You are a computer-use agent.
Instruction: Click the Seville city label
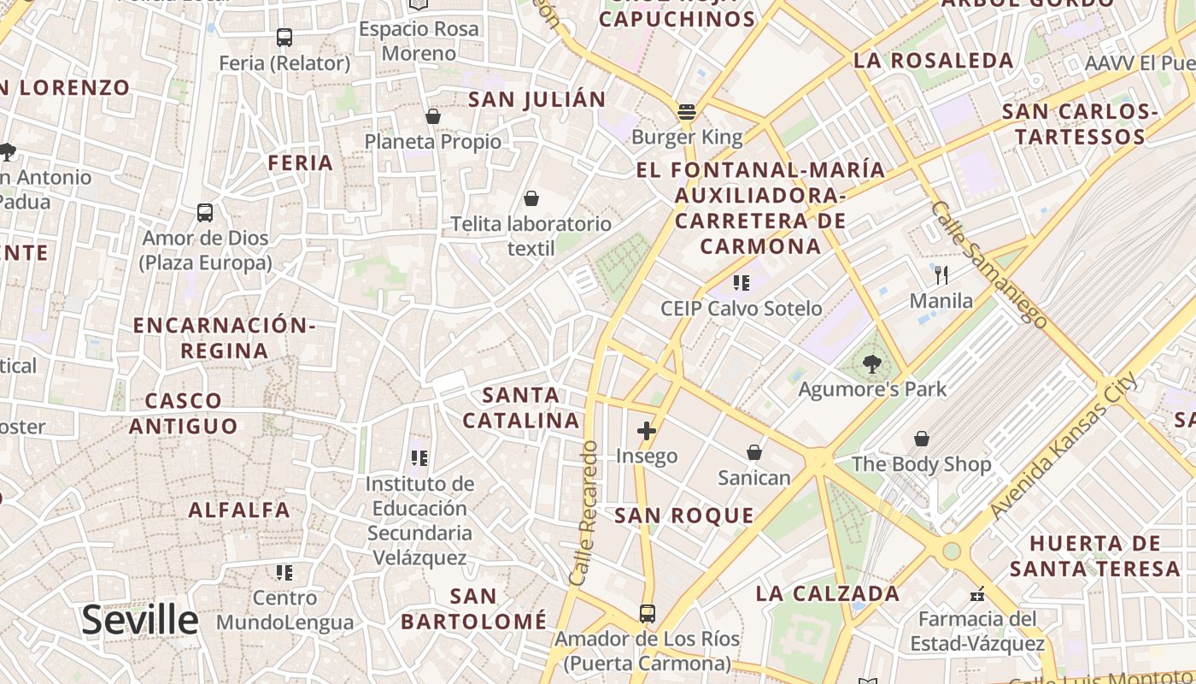tap(140, 620)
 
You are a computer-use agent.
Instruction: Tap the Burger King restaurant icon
tap(687, 111)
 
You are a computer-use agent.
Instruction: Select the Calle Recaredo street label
tap(584, 513)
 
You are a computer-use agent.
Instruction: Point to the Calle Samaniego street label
tap(988, 264)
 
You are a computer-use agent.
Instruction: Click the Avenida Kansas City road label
tap(1064, 445)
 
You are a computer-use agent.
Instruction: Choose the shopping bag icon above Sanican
tap(754, 452)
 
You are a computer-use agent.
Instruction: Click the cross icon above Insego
tap(647, 431)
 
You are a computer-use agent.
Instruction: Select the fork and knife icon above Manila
tap(941, 275)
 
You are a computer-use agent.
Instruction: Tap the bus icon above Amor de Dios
tap(205, 213)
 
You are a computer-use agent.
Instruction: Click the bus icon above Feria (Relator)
tap(284, 38)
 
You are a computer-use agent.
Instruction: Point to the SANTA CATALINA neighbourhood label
tap(521, 408)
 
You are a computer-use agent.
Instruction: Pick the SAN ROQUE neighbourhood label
tap(684, 515)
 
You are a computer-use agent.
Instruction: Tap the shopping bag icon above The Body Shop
tap(922, 439)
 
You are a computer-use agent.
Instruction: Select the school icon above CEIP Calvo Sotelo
tap(741, 283)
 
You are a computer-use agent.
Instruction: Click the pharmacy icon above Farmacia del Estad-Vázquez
tap(977, 593)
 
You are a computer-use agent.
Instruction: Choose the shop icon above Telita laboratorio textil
tap(531, 199)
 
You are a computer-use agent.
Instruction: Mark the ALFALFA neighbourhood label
tap(239, 510)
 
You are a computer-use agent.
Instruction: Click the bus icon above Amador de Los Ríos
tap(647, 614)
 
